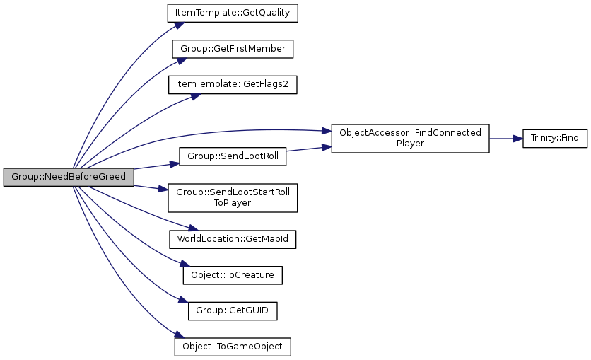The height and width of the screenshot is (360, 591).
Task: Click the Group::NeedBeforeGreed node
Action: point(68,177)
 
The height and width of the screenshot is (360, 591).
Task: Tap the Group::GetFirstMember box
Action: point(233,49)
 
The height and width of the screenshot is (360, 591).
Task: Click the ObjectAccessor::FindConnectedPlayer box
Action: point(410,139)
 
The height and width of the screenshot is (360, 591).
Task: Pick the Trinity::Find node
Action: point(554,139)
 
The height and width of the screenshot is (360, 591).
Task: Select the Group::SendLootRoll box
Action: point(233,156)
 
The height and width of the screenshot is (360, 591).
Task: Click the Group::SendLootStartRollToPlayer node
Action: point(233,198)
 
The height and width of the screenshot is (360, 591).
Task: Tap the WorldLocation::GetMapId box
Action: point(233,239)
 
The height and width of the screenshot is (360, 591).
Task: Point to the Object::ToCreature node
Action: point(233,275)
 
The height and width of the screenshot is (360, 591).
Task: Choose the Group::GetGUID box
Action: point(233,310)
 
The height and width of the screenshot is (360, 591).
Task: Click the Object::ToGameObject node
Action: point(233,347)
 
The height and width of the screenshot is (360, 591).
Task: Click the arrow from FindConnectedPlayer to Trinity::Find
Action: point(505,139)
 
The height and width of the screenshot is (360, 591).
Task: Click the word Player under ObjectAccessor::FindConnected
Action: point(410,144)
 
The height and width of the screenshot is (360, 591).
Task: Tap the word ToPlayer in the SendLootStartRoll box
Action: point(233,203)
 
